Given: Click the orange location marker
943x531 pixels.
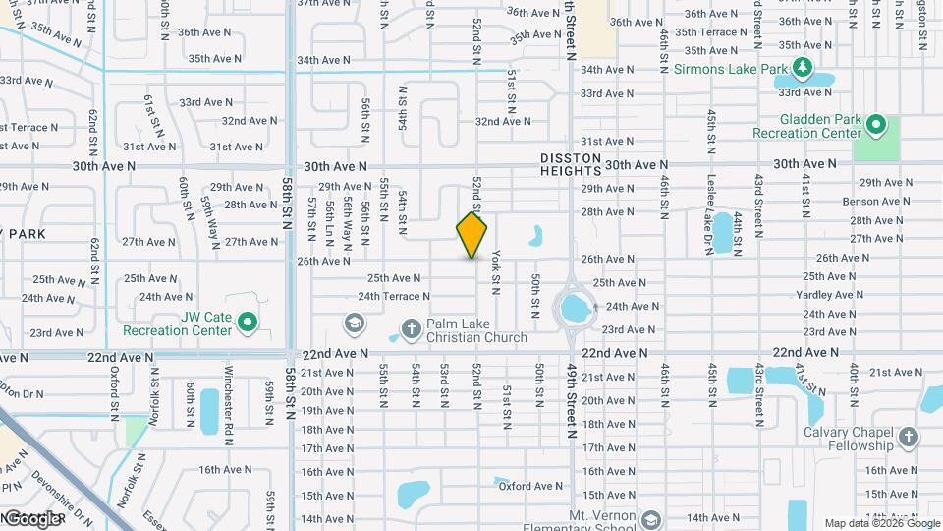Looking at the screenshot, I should click(x=472, y=235).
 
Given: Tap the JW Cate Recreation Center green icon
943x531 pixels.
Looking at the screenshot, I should click(x=249, y=321).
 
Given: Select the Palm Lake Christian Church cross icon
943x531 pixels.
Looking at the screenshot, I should click(x=411, y=327).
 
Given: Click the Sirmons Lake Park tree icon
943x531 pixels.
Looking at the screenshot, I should click(x=804, y=68).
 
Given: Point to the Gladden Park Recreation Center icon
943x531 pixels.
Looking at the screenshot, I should click(x=877, y=125).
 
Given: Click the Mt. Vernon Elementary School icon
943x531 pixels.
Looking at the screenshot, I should click(x=650, y=518).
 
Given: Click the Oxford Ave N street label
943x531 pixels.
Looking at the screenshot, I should click(x=529, y=486).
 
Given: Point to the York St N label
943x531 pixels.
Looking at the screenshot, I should click(x=496, y=271).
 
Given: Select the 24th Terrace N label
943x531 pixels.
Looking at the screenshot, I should click(x=394, y=296).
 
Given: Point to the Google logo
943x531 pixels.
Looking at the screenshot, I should click(x=32, y=518).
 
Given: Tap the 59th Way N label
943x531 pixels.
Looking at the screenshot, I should click(x=207, y=218).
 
